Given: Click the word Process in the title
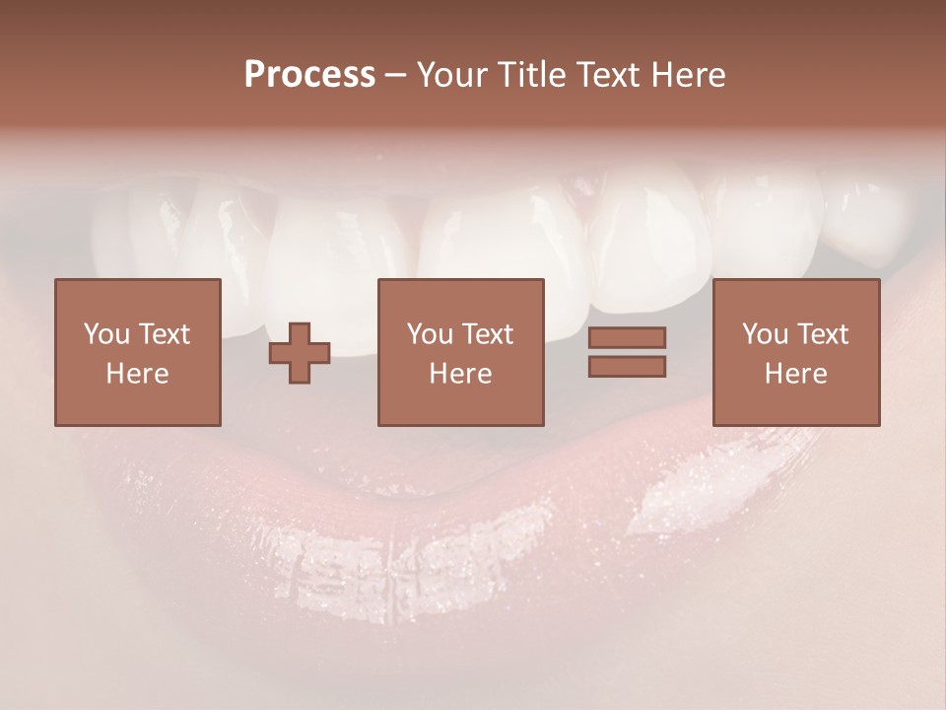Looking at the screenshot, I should [309, 75].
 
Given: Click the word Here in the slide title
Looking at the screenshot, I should [690, 75].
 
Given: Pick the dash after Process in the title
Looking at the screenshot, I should [395, 76].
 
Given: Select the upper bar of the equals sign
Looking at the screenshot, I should [627, 338].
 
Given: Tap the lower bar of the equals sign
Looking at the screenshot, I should [627, 367].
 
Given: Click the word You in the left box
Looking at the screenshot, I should [106, 334].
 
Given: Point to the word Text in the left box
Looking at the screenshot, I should [164, 334].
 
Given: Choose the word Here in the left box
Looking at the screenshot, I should [137, 374].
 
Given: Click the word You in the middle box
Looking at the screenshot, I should [430, 334].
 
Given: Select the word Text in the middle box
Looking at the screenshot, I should [487, 334].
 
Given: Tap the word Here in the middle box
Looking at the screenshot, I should [460, 374].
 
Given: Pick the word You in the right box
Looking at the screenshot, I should [765, 334].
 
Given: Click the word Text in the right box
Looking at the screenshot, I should [822, 334].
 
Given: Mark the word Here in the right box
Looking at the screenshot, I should [795, 374].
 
